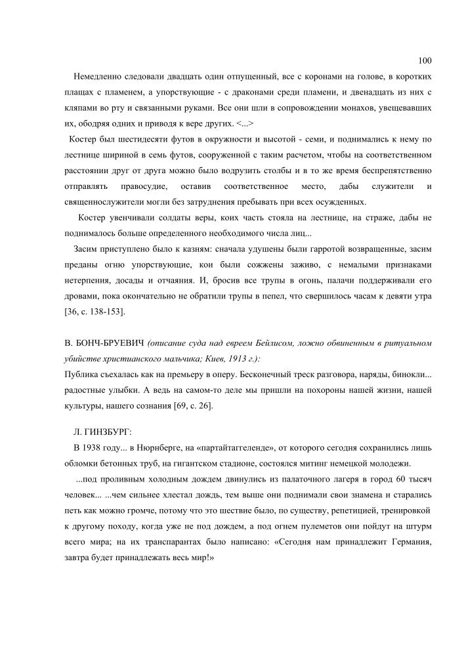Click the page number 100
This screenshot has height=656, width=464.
pyautogui.click(x=424, y=61)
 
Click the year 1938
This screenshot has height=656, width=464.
pyautogui.click(x=96, y=447)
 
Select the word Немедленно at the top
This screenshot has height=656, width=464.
pyautogui.click(x=98, y=77)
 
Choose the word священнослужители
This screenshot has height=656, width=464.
pyautogui.click(x=104, y=202)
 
